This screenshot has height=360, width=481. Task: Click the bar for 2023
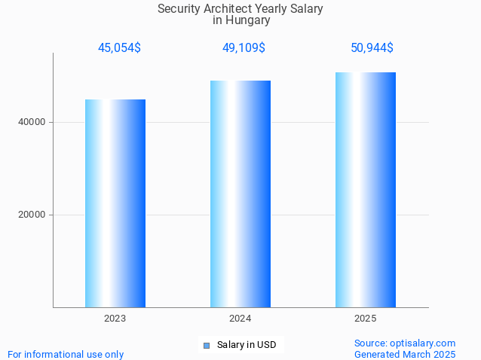click(x=115, y=203)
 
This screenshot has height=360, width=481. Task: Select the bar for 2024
click(x=240, y=194)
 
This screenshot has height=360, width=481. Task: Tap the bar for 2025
click(x=366, y=190)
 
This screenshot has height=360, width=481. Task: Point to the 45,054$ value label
click(x=119, y=48)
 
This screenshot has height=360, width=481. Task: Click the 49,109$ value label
click(x=244, y=48)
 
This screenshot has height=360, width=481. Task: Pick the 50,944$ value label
click(x=372, y=48)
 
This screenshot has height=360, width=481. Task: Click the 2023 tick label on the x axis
click(x=115, y=319)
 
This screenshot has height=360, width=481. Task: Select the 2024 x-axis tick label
click(x=240, y=319)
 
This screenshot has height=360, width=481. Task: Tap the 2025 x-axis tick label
click(x=366, y=319)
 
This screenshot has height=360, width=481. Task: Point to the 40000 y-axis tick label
click(x=32, y=122)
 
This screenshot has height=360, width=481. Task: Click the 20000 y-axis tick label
click(x=32, y=215)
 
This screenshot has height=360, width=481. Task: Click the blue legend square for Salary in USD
click(x=206, y=346)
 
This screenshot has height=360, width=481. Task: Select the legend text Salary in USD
click(x=247, y=346)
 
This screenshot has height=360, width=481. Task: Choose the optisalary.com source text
click(x=405, y=343)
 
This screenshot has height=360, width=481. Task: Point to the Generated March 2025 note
click(x=405, y=354)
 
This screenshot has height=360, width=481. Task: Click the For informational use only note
click(x=66, y=354)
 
